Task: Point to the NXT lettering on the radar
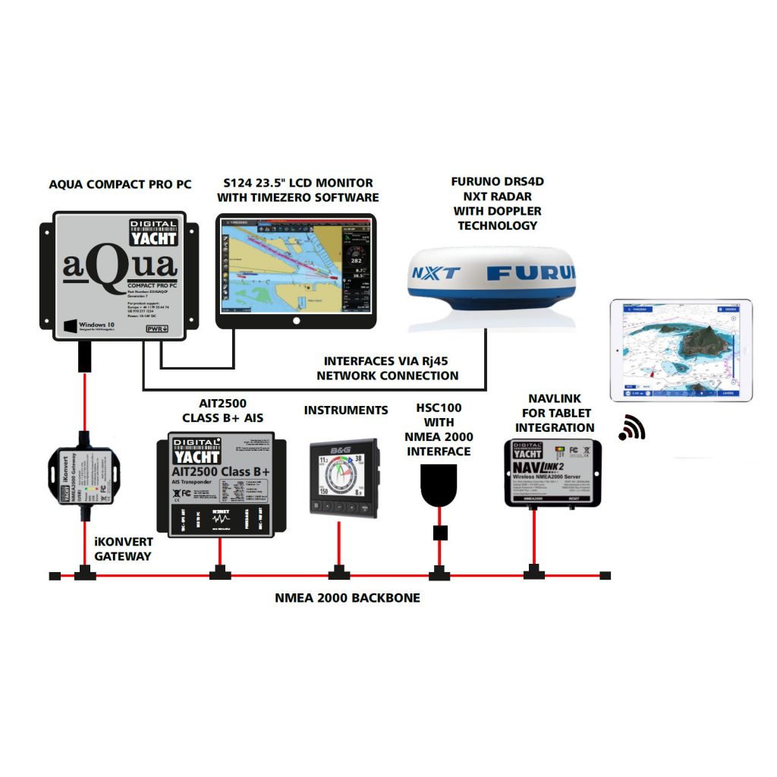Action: click(435, 271)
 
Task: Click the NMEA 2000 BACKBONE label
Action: click(347, 598)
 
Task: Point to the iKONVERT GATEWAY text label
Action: click(124, 549)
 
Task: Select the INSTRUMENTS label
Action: click(345, 411)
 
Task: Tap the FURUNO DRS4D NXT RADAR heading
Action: click(497, 203)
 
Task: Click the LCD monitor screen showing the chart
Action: click(297, 266)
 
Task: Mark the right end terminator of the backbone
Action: click(605, 576)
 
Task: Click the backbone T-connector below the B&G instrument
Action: click(338, 574)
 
